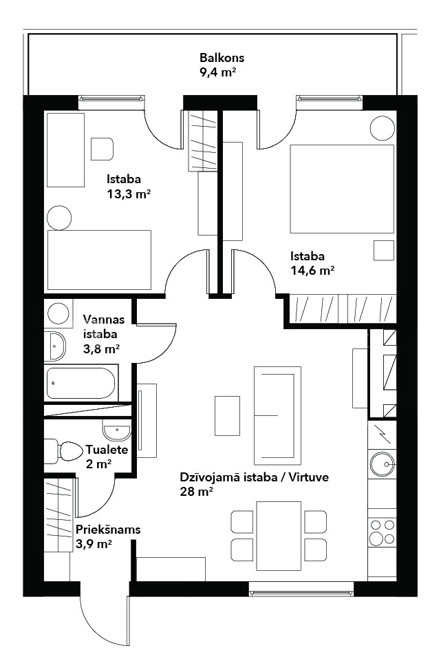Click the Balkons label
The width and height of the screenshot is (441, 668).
tap(222, 58)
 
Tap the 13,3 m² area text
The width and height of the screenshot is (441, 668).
tap(129, 195)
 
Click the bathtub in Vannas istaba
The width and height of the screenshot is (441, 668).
tap(81, 383)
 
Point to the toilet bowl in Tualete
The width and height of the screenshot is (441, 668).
tap(70, 452)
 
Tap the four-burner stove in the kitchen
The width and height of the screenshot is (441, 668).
tap(382, 531)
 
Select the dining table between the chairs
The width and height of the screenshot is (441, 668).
tap(279, 536)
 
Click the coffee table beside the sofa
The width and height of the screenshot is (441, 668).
tap(227, 415)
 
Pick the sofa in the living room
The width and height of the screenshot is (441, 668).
tap(277, 415)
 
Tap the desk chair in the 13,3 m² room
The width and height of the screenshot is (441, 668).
tap(102, 149)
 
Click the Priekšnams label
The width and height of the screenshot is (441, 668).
tap(108, 530)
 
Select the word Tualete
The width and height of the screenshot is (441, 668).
tap(107, 450)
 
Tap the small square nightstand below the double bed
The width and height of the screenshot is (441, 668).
tap(383, 251)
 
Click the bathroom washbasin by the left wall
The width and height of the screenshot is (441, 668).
tap(56, 345)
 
